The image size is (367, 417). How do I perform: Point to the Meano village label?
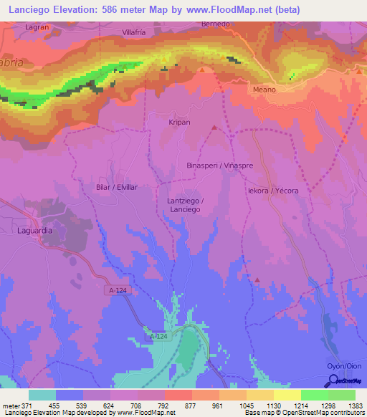pyautogui.click(x=264, y=90)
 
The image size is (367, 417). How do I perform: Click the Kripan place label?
pyautogui.click(x=179, y=123)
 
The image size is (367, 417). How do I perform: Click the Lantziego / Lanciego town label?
pyautogui.click(x=185, y=205)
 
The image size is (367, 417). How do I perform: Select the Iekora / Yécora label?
pyautogui.click(x=272, y=191)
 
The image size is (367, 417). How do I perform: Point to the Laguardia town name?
pyautogui.click(x=36, y=231)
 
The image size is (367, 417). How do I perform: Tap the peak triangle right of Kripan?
pyautogui.click(x=214, y=128)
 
